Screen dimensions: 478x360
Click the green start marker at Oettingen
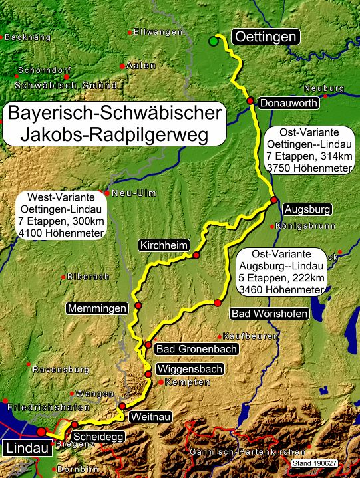tap(213, 42)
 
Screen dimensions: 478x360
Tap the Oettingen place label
tap(264, 37)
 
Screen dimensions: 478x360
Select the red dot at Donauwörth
tap(251, 101)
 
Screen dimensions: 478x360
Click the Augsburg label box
tap(307, 210)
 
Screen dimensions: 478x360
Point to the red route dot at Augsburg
tap(273, 200)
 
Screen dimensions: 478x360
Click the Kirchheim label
tap(164, 245)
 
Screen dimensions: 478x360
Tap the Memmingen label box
tap(97, 308)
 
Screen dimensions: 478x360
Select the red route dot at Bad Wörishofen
tap(217, 303)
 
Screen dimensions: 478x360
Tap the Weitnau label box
tap(147, 416)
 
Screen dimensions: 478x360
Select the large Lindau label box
tap(27, 449)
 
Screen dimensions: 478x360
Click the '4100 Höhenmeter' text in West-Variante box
tap(65, 233)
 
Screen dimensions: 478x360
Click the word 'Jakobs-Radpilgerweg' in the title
tap(114, 135)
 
